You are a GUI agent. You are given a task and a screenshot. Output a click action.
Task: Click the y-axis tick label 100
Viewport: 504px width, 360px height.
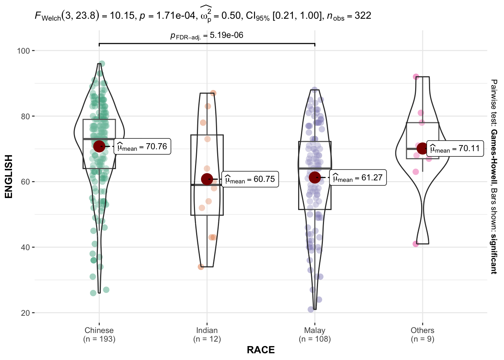(x=23, y=51)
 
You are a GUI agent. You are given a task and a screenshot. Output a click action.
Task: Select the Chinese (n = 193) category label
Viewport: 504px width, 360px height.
(x=99, y=334)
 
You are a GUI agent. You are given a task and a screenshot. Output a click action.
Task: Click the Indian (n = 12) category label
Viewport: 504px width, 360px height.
(x=207, y=334)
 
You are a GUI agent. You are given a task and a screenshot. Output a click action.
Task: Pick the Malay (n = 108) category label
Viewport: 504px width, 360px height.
(x=315, y=334)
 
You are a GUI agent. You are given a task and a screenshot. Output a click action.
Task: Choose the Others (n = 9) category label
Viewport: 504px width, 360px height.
(x=422, y=334)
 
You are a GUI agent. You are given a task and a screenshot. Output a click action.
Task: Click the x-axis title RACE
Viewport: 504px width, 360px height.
(x=261, y=350)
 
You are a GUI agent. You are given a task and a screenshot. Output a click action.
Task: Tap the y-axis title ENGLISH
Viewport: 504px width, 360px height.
(x=9, y=176)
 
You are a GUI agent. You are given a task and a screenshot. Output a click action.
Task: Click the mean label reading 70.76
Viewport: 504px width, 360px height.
(x=142, y=147)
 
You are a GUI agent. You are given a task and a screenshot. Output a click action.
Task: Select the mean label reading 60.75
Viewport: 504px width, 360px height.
(x=250, y=179)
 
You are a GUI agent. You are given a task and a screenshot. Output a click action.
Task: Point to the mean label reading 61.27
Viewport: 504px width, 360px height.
(x=358, y=178)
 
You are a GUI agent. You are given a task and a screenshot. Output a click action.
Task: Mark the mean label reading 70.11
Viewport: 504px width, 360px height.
(x=454, y=148)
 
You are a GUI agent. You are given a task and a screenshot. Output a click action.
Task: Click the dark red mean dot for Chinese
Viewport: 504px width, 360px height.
(x=99, y=146)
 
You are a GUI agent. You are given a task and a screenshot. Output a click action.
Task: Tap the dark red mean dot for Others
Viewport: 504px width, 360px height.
(x=422, y=148)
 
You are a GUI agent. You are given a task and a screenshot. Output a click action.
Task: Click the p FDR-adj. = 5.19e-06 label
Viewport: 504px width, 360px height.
(x=207, y=36)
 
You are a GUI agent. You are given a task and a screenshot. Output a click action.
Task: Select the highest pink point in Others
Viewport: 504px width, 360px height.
(x=416, y=77)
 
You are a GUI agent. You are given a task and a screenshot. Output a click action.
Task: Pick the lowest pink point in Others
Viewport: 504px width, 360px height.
(x=416, y=244)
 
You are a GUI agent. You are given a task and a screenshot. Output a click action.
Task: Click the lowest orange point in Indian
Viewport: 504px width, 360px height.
(x=201, y=267)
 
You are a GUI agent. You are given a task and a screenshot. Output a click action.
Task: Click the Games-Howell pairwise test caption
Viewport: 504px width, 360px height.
(x=494, y=176)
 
